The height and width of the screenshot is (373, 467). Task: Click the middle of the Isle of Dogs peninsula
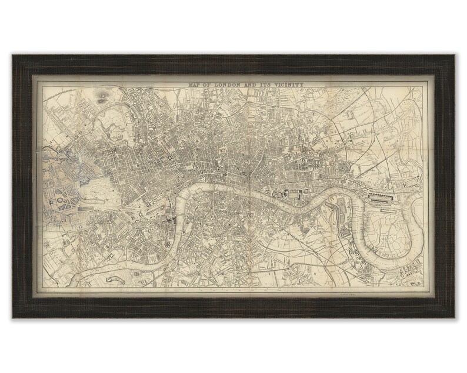(x=382, y=226)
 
